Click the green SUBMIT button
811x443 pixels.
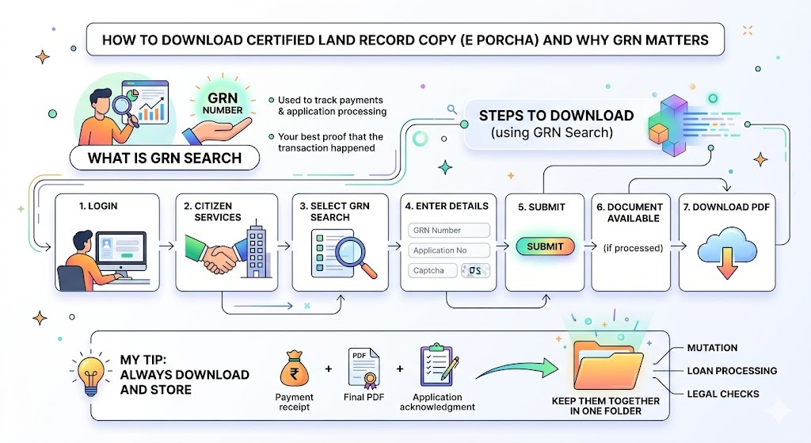tap(545, 246)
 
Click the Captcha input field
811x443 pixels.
tap(432, 270)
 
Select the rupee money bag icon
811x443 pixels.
tap(294, 368)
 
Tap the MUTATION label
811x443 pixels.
tap(713, 348)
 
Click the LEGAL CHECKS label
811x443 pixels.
tap(724, 394)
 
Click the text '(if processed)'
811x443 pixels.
tap(632, 248)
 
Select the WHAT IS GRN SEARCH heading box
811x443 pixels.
tap(165, 158)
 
